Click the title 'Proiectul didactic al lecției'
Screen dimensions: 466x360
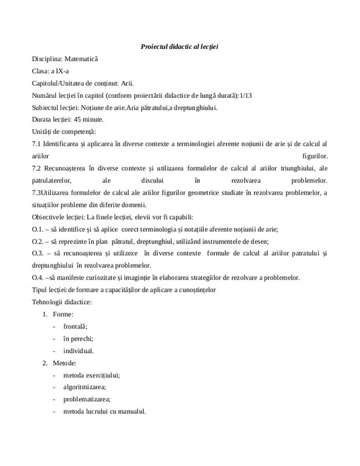[179, 46]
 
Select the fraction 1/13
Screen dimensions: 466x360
[248, 96]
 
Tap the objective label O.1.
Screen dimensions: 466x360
[38, 229]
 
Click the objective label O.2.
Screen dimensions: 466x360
[38, 241]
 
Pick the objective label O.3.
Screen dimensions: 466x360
[38, 253]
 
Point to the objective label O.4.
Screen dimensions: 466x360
[38, 277]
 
